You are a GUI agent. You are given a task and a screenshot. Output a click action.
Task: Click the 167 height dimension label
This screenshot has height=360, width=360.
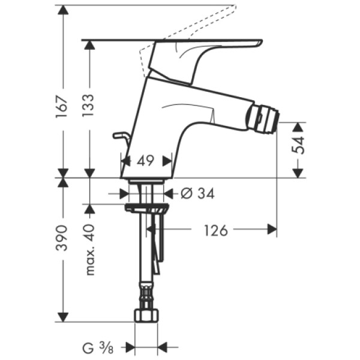tap(62, 106)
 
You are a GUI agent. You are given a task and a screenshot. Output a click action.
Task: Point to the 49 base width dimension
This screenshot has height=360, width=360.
tap(146, 160)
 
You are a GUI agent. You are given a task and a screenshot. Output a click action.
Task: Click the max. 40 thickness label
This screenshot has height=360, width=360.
tap(90, 248)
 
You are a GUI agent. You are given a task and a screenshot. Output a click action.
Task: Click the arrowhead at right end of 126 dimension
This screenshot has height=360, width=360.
tap(272, 229)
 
